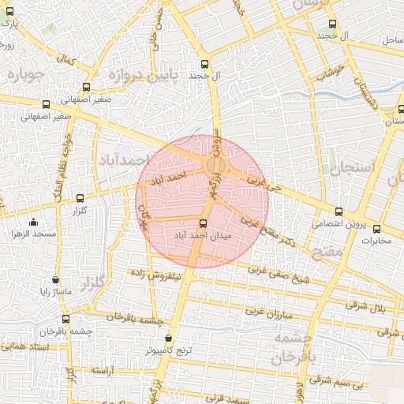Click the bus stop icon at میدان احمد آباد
coord(204,223)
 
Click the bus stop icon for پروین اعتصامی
coord(339,211)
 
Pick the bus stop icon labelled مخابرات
coord(376,228)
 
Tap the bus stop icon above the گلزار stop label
coord(79,198)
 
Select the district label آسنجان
coord(344,169)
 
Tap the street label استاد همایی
coord(26,346)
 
